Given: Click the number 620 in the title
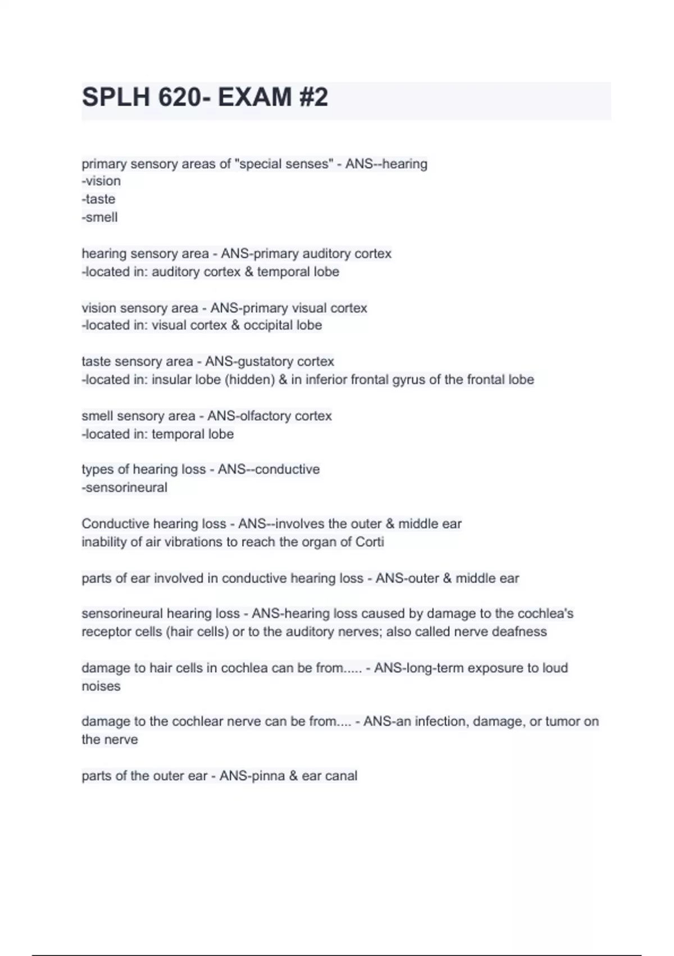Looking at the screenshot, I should [179, 97].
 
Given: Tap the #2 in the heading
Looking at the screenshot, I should [313, 97].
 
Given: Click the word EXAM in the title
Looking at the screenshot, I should [254, 97].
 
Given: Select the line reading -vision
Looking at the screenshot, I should [101, 181].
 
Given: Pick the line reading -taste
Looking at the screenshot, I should [99, 199].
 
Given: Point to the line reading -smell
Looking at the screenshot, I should [100, 217].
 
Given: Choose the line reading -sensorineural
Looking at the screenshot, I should [125, 488].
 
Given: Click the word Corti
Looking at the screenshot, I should [370, 542].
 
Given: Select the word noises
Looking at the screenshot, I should [101, 686].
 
